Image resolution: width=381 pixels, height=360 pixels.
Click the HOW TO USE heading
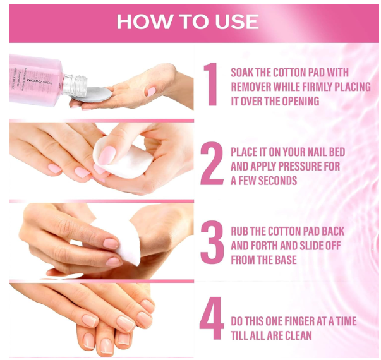tap(188, 21)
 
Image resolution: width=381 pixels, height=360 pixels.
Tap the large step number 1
tap(211, 84)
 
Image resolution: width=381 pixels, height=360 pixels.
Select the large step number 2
tap(212, 163)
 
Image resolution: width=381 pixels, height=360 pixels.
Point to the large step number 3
tap(212, 242)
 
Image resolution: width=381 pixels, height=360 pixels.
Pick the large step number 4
tap(212, 318)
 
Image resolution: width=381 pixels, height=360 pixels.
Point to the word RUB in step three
tap(239, 231)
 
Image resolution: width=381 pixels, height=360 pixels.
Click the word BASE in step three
tap(286, 260)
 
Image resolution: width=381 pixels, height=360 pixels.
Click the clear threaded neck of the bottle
tap(75, 85)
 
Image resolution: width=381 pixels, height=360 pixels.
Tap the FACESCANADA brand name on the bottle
tap(39, 81)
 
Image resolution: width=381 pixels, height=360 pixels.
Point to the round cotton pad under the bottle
tap(92, 95)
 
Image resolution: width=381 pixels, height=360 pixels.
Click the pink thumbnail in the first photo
tap(152, 92)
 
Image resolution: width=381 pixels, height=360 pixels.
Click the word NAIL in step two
tap(318, 152)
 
